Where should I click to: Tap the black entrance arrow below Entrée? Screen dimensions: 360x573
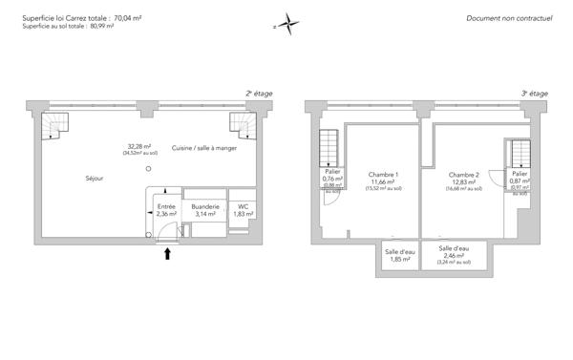(168, 253)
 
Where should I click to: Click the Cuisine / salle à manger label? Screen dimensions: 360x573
(204, 148)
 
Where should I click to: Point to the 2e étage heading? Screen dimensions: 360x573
(259, 94)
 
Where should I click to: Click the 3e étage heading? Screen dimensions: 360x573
(534, 94)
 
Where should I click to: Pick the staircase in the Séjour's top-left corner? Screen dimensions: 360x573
(60, 124)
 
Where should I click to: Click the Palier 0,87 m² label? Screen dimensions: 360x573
(519, 179)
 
